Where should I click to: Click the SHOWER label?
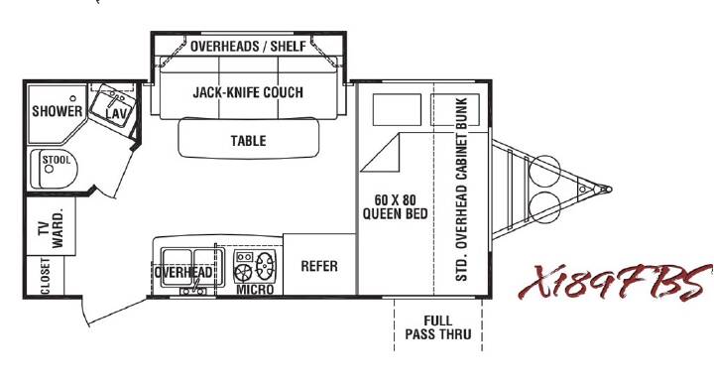(57, 111)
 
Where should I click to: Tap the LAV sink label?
(116, 113)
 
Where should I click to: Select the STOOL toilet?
(54, 169)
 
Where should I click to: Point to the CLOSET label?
(45, 276)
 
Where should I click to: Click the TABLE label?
(248, 141)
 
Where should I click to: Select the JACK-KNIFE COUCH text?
(248, 92)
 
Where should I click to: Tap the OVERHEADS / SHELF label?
(248, 46)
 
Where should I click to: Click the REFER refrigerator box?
(319, 265)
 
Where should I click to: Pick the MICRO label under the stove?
(255, 290)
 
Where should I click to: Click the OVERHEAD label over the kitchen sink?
(183, 273)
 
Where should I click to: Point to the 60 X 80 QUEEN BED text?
(396, 206)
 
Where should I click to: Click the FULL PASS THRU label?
(438, 327)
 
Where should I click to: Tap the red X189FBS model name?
(616, 282)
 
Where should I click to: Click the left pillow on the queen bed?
(397, 110)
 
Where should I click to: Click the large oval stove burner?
(265, 266)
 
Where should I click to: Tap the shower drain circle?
(72, 98)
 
